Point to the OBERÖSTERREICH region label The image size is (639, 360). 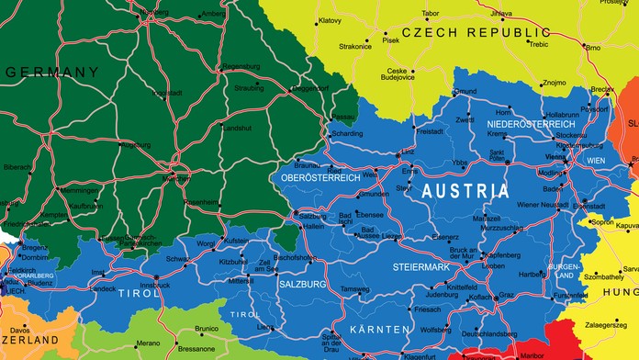point(320,177)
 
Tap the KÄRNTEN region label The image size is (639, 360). point(378,329)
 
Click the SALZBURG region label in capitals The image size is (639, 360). point(303,285)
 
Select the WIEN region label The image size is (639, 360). point(596,160)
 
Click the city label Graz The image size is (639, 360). point(506,295)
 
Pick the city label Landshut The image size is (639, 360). point(237,128)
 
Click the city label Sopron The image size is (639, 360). point(602,221)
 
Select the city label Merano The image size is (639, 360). point(148,343)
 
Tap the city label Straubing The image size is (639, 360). point(249,88)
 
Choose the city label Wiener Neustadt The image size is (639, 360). point(544,204)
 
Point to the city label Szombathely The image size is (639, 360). point(603,276)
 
